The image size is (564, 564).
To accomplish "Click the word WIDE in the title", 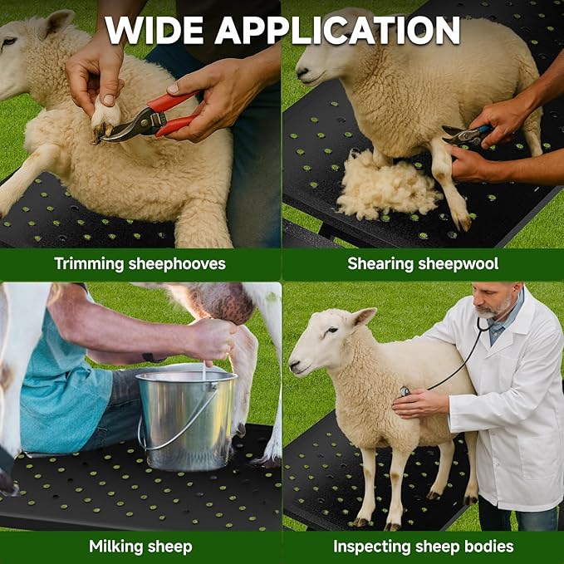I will tap(154, 31).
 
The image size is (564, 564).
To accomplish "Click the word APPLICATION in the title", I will tap(337, 31).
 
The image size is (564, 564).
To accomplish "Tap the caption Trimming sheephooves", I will tap(140, 264).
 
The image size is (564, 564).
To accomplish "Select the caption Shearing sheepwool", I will tap(423, 264).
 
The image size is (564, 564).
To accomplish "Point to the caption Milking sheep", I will tap(140, 546).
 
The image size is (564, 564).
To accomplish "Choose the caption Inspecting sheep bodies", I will tap(423, 546).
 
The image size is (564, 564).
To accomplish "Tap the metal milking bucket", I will tap(187, 419).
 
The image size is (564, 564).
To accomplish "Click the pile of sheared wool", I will tap(387, 184).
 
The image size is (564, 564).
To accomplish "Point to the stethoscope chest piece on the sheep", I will tap(405, 390).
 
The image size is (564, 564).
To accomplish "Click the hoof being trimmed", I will tap(105, 121).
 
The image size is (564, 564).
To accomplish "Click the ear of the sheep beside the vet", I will tap(364, 316).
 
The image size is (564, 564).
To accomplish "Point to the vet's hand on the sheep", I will tap(419, 403).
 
